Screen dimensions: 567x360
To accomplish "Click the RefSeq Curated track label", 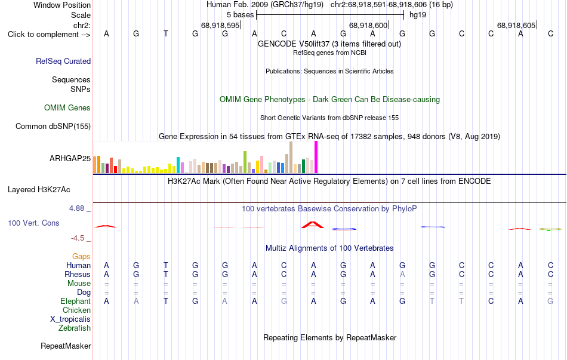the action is click(x=63, y=61).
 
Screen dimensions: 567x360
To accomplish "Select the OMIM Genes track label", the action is click(x=67, y=108).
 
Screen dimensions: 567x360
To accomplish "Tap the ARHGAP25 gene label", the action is click(x=70, y=158).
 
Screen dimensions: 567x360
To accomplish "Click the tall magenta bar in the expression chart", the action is click(x=316, y=157).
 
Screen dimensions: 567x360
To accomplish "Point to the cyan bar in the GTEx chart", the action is click(x=178, y=165).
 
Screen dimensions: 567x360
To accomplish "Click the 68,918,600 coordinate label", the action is click(x=368, y=25).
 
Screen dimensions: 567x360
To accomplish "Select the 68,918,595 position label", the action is click(x=220, y=25).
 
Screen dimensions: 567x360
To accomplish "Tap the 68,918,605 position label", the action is click(x=516, y=25).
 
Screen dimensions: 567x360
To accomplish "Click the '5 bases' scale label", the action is click(x=240, y=15).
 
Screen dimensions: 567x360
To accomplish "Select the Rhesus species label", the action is click(x=78, y=274).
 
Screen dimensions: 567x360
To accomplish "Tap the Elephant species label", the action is click(x=76, y=301).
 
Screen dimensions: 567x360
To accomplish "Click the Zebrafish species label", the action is click(x=75, y=328).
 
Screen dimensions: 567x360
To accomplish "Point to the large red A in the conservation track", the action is click(x=313, y=224).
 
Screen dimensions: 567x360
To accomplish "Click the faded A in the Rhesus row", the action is click(x=402, y=274).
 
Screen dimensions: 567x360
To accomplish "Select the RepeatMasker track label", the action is click(x=66, y=346).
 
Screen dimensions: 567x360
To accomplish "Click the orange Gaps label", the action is click(x=81, y=257).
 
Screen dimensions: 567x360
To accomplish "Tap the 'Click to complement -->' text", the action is click(x=49, y=35).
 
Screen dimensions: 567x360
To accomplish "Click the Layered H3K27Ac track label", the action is click(x=39, y=190).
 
